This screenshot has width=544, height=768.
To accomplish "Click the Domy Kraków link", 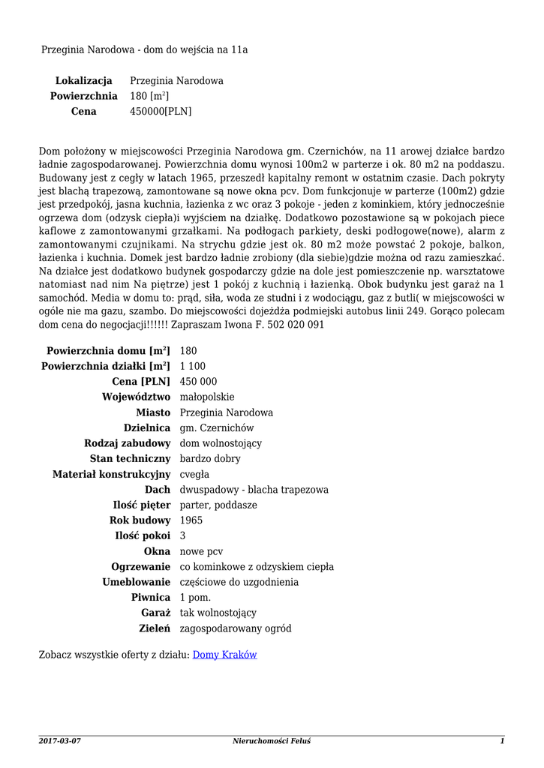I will (x=225, y=655).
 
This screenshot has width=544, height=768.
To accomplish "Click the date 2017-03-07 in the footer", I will (x=59, y=741).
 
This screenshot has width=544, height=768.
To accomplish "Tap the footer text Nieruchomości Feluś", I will (x=272, y=741).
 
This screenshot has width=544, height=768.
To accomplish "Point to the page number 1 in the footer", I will (x=502, y=741).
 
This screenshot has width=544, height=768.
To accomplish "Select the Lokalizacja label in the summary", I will (x=83, y=80).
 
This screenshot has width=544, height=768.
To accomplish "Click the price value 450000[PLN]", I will (x=161, y=112).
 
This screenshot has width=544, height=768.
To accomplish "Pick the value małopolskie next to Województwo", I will (x=207, y=397).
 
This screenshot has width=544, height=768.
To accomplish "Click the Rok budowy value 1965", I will (x=191, y=520).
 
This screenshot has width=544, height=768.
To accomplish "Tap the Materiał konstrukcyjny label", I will (x=111, y=474).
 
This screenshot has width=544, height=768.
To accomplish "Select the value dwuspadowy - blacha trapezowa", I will (x=254, y=490).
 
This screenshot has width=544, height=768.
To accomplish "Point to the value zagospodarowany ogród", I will (x=236, y=628).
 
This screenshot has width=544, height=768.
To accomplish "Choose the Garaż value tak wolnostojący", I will (x=218, y=613).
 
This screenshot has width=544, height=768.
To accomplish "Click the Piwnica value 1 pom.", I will (x=195, y=598).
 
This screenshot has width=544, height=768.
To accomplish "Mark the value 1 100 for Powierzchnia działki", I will (x=193, y=366).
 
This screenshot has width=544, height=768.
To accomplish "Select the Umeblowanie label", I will (x=136, y=582).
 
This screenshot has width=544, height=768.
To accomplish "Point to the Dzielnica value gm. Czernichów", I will (x=217, y=427).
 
